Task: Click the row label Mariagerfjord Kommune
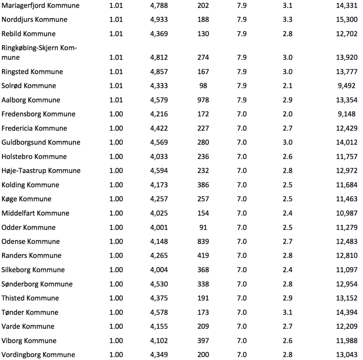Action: click(40, 6)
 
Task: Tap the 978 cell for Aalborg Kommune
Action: click(203, 100)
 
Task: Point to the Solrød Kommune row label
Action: click(29, 86)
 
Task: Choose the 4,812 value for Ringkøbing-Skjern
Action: click(159, 57)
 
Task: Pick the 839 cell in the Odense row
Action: click(203, 242)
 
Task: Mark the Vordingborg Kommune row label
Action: click(38, 355)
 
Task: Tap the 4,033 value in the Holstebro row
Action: click(159, 157)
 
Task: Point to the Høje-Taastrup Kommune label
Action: click(41, 171)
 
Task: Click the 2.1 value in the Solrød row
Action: click(287, 86)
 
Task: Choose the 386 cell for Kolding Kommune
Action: click(203, 185)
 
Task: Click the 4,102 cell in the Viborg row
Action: click(159, 341)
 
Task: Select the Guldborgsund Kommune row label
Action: click(41, 142)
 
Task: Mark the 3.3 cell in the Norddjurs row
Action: click(287, 20)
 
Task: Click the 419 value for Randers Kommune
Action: click(203, 255)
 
